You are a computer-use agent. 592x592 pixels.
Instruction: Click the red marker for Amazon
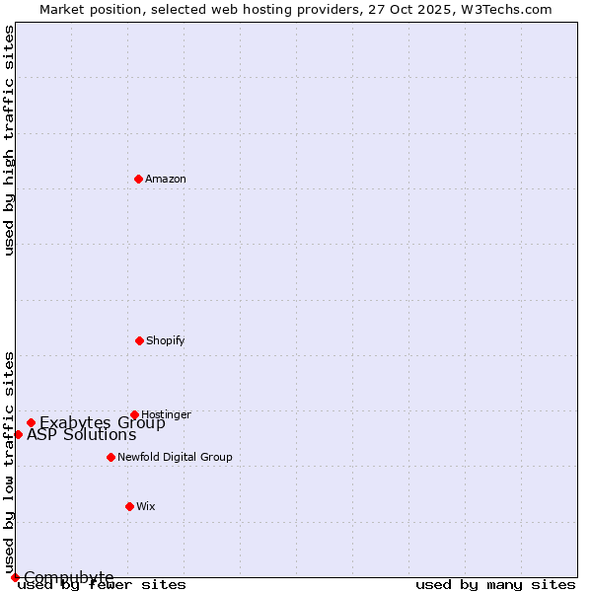tap(139, 179)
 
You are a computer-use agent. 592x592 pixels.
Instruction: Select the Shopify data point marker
tap(139, 340)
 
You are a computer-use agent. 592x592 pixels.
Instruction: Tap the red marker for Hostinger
tap(134, 414)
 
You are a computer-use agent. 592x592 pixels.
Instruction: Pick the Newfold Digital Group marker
tap(111, 457)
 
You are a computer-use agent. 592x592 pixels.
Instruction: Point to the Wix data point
tap(129, 506)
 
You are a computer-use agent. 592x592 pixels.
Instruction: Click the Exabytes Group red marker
tap(31, 422)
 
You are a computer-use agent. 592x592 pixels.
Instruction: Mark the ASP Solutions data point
tap(18, 434)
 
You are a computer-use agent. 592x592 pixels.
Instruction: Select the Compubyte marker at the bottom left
tap(15, 577)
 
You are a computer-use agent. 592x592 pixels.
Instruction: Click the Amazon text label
tap(166, 179)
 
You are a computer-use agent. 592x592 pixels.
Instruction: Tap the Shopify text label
tap(166, 340)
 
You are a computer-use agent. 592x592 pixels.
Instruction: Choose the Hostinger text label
tap(166, 414)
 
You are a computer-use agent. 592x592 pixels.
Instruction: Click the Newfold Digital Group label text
tap(175, 457)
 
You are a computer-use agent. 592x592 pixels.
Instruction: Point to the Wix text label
tap(146, 506)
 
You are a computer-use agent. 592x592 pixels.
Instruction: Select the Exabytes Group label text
tap(103, 423)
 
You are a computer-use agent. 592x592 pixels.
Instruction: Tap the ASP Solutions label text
tap(82, 435)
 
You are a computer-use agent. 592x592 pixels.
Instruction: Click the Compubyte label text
tap(69, 577)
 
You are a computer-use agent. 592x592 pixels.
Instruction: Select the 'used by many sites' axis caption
tap(495, 584)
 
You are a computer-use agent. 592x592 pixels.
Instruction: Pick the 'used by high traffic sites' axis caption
tap(9, 140)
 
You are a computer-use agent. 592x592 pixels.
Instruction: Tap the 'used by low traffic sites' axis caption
tap(9, 462)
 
